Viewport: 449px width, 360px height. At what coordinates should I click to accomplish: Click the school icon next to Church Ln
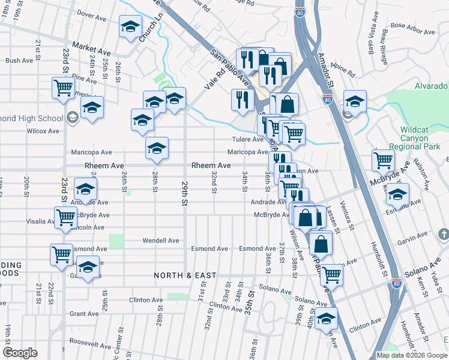click(x=130, y=28)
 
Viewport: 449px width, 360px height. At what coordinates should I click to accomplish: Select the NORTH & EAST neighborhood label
click(x=185, y=275)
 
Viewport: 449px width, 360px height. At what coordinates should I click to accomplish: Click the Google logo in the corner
click(x=20, y=352)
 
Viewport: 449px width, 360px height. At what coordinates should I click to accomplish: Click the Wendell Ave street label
click(x=161, y=241)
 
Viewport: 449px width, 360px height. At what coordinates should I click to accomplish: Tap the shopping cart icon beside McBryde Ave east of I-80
click(x=382, y=160)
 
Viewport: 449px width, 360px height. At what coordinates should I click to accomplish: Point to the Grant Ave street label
click(x=84, y=314)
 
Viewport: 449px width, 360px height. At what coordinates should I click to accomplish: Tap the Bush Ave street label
click(x=19, y=61)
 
